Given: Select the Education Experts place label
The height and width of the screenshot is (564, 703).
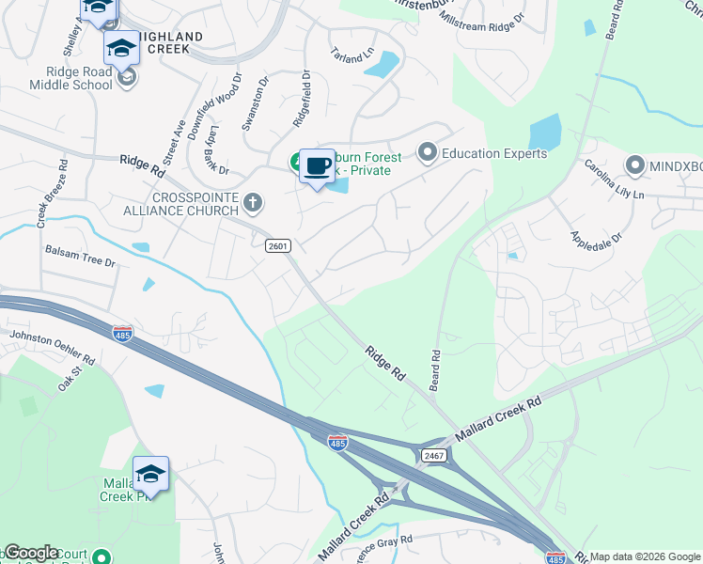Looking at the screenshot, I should [x=493, y=152].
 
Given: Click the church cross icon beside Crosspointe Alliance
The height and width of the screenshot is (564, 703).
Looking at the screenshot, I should [x=253, y=202].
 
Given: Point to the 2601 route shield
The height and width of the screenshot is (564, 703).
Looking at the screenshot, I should [x=278, y=245].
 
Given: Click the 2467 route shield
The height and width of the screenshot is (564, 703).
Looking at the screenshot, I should [x=433, y=454].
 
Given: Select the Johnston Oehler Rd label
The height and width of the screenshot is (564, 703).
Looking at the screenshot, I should [x=53, y=347].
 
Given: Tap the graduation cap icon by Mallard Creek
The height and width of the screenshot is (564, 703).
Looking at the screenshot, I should [x=150, y=475].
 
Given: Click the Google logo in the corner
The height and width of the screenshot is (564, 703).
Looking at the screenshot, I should [x=31, y=553].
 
